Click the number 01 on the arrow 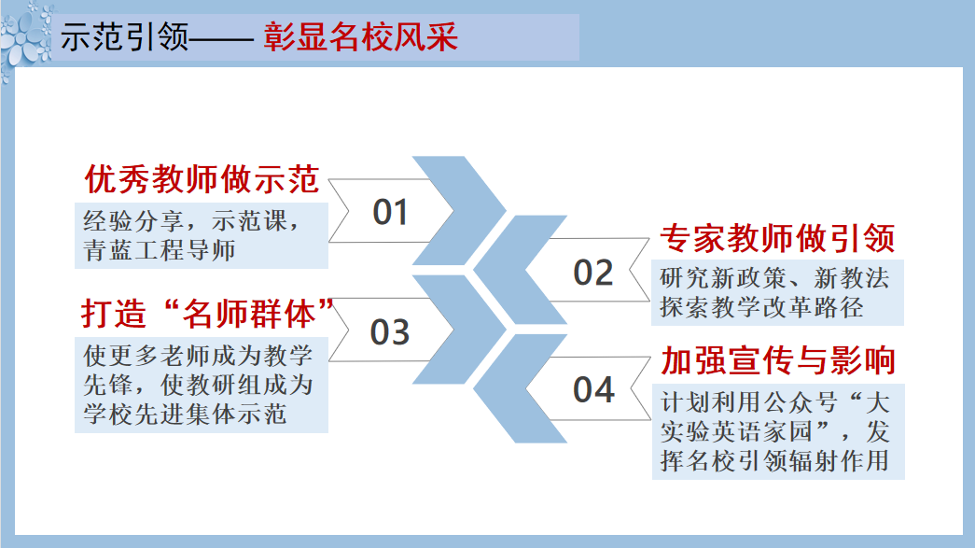click(x=390, y=212)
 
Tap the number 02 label click(x=593, y=274)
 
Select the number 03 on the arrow click(x=390, y=332)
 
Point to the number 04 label click(x=593, y=390)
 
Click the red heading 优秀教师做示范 click(x=202, y=179)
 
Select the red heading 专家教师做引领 click(x=777, y=238)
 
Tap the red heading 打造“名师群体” click(x=208, y=314)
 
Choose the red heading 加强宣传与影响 click(x=778, y=360)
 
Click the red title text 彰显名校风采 click(x=361, y=36)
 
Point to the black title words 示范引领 click(x=124, y=36)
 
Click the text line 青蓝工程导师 click(x=160, y=250)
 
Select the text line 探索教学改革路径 click(x=761, y=307)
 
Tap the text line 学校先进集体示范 click(x=185, y=414)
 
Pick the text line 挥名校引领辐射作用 click(x=774, y=461)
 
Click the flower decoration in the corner click(x=26, y=37)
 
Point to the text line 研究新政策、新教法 click(x=774, y=278)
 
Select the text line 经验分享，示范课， click(x=191, y=221)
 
